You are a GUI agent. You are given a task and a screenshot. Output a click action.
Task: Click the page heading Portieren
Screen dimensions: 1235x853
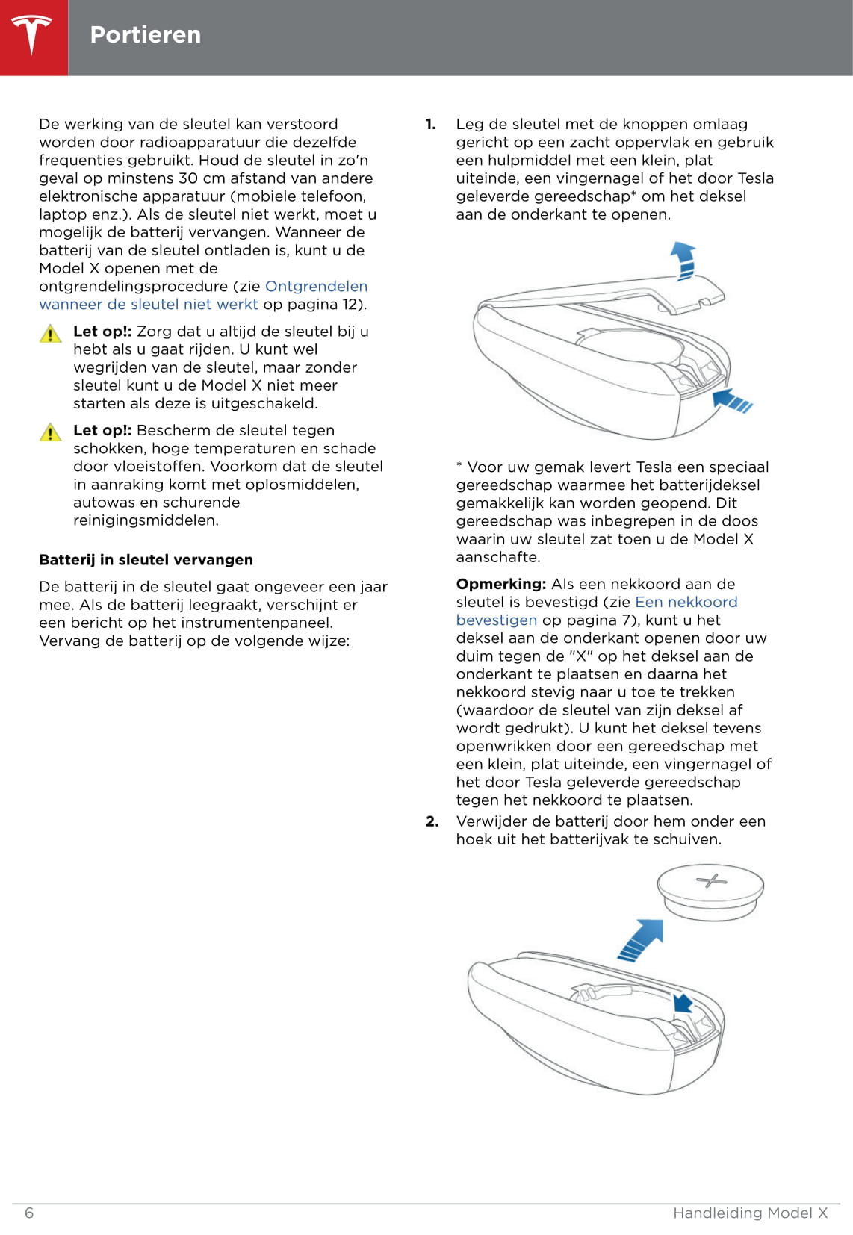145,35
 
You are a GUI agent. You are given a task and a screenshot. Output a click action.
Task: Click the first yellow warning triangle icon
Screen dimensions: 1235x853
50,334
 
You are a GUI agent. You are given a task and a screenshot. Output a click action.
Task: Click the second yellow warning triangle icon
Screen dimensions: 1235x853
50,432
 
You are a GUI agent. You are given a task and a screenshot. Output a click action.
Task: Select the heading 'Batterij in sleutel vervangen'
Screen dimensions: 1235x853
146,560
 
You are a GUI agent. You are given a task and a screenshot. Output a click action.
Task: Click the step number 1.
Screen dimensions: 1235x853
431,125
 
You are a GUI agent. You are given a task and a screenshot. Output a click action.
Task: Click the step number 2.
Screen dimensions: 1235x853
432,821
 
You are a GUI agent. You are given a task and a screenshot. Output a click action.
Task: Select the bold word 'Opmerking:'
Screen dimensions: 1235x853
501,584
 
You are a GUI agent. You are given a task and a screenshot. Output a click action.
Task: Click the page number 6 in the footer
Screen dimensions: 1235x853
29,1213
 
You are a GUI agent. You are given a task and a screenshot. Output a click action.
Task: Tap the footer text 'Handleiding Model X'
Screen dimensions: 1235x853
750,1213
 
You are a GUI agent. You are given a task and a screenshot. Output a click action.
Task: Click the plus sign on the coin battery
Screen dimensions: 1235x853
711,881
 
